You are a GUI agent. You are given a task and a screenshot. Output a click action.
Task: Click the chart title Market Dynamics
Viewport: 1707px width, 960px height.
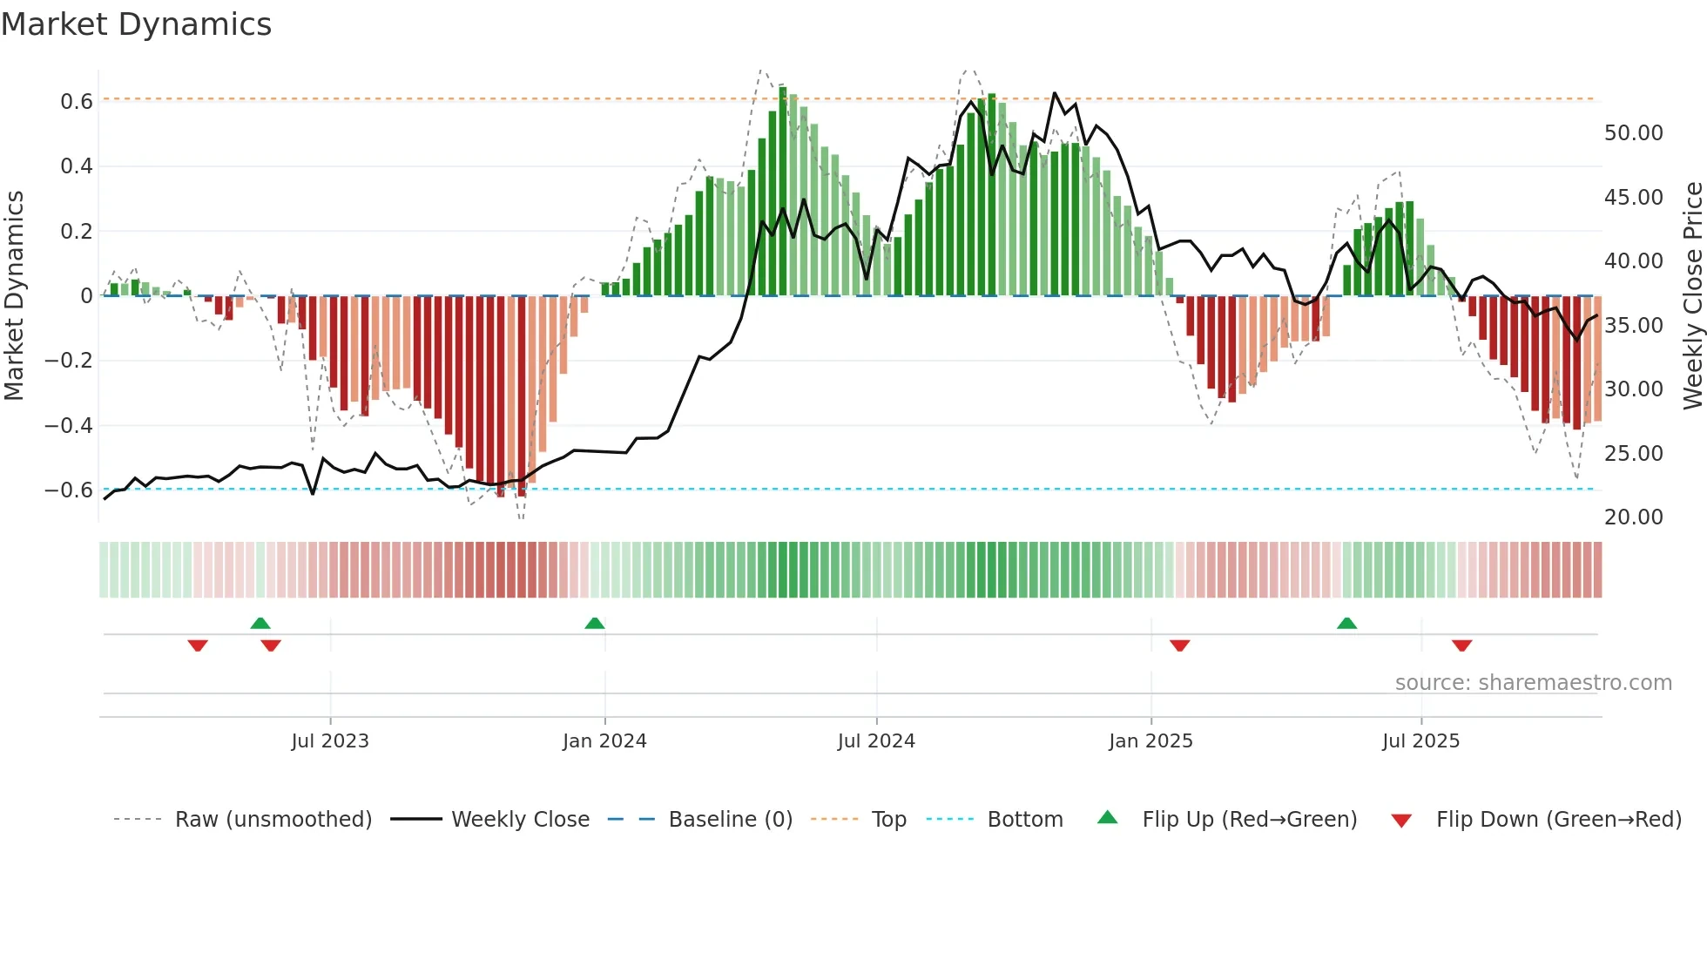coord(137,24)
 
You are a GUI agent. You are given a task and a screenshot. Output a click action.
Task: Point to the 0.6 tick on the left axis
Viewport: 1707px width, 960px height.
coord(77,102)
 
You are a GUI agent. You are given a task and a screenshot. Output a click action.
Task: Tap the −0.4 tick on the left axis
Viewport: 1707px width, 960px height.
coord(69,426)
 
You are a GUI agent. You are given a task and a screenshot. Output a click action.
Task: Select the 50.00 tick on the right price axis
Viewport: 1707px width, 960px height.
coord(1633,133)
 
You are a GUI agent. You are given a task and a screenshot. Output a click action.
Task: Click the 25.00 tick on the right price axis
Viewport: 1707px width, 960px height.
coord(1633,454)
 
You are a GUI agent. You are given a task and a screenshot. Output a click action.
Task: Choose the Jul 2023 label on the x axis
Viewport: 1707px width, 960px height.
coord(330,741)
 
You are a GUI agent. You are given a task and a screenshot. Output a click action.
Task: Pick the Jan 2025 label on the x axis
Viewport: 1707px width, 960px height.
coord(1150,741)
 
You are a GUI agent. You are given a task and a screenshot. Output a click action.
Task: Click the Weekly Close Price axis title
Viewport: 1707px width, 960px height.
coord(1692,296)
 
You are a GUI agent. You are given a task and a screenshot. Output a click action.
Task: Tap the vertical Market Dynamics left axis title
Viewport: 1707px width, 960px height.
coord(15,296)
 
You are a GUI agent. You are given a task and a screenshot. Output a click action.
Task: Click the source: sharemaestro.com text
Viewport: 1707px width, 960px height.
coord(1533,683)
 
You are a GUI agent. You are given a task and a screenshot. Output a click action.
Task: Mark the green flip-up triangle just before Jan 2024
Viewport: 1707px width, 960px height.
coord(595,624)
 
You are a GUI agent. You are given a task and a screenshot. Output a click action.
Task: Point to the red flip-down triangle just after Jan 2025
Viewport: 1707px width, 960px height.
coord(1180,646)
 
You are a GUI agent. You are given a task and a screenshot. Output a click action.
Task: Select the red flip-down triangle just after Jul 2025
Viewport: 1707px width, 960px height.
coord(1462,646)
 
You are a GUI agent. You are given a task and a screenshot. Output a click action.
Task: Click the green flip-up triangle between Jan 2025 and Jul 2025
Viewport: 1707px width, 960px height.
coord(1346,624)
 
